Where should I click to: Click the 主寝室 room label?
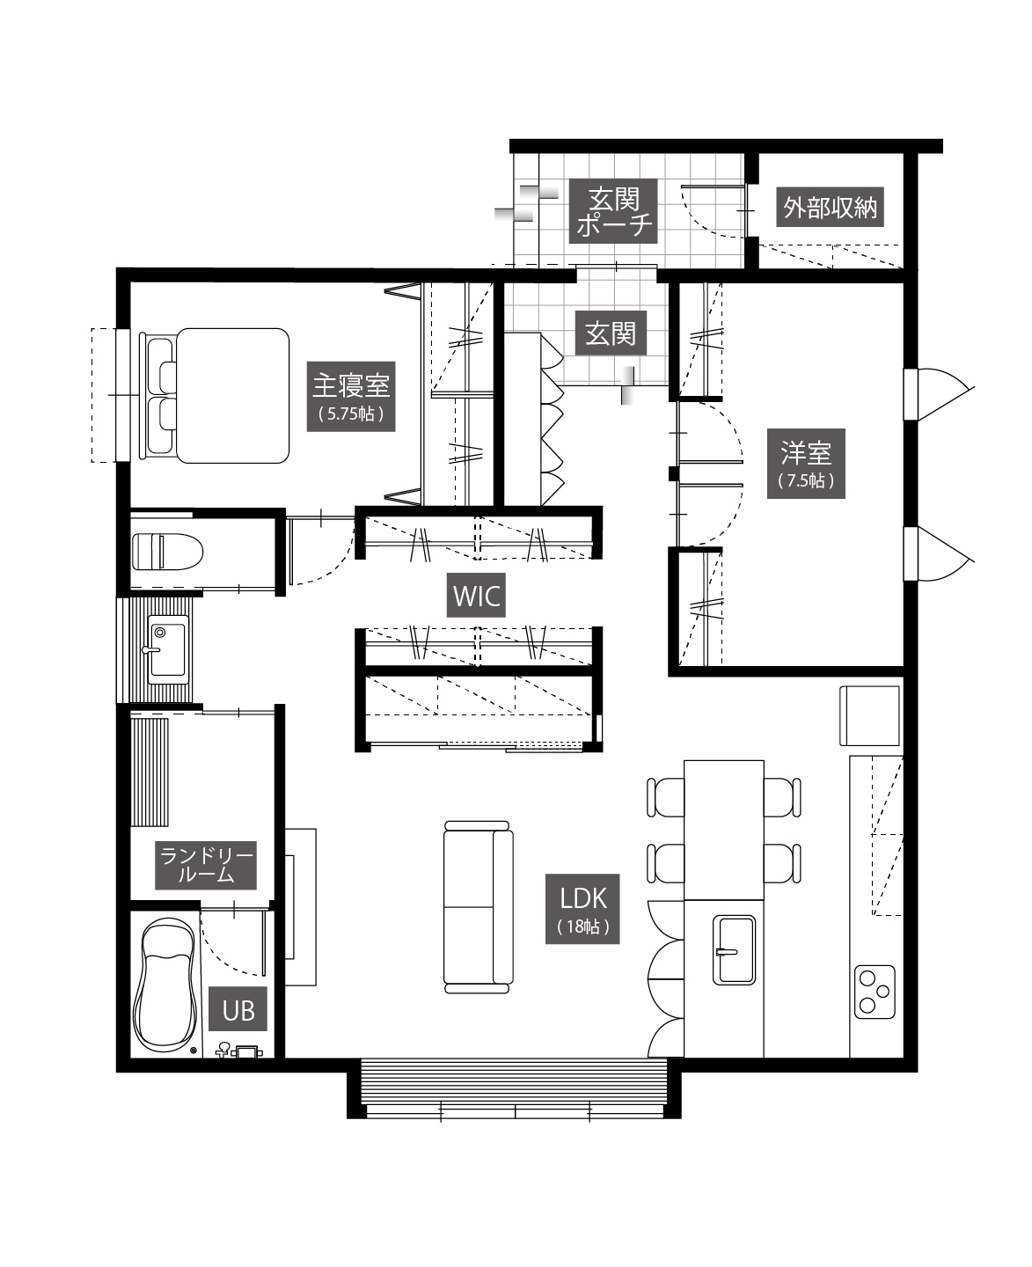point(351,396)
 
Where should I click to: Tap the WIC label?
point(477,595)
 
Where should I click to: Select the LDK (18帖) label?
point(582,909)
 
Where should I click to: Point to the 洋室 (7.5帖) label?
point(806,464)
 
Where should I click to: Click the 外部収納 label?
point(830,207)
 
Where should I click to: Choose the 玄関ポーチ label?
point(613,210)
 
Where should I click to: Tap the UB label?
point(238,1010)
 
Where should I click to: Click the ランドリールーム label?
point(206,865)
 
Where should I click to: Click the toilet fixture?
point(167,552)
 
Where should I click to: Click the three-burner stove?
point(875,992)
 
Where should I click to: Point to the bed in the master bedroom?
point(214,396)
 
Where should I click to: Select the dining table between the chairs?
point(724,830)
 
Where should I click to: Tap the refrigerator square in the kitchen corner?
point(869,715)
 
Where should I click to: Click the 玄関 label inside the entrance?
point(611,333)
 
